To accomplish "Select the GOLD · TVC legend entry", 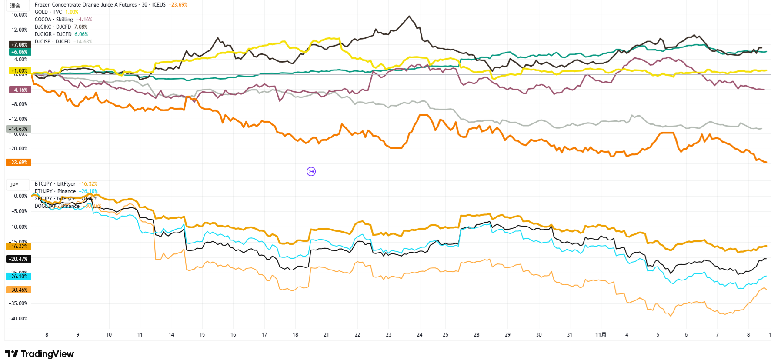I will [x=48, y=12].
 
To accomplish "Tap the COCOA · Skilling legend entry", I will [x=54, y=20].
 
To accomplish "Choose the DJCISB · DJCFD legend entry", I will [x=53, y=42].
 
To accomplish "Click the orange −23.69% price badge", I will [x=18, y=163].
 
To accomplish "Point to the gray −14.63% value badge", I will [x=18, y=129].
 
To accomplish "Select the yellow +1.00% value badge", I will [x=18, y=71].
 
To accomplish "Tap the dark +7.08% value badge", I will [x=19, y=45].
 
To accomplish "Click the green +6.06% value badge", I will [x=19, y=52].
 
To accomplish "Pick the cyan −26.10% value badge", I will [x=18, y=277].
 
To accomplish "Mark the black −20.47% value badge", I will [x=18, y=259].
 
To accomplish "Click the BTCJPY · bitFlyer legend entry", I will [x=55, y=184].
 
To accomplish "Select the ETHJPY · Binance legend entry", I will [x=55, y=191].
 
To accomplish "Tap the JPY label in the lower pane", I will [x=14, y=185].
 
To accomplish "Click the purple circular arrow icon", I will [x=311, y=171].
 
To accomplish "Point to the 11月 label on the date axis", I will [x=601, y=335].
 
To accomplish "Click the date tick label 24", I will [x=420, y=335].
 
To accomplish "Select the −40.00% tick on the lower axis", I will [x=18, y=319].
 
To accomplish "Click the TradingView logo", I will [x=40, y=354].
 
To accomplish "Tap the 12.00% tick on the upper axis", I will [x=20, y=30].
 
